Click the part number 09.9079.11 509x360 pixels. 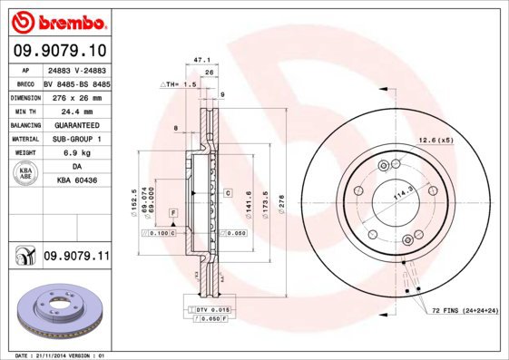click(x=75, y=258)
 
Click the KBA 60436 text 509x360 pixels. click(x=76, y=181)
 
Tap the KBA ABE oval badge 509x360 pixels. click(x=27, y=174)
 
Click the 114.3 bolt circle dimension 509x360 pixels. click(x=400, y=193)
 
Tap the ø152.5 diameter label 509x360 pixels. click(x=134, y=200)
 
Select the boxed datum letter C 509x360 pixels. click(x=228, y=193)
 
